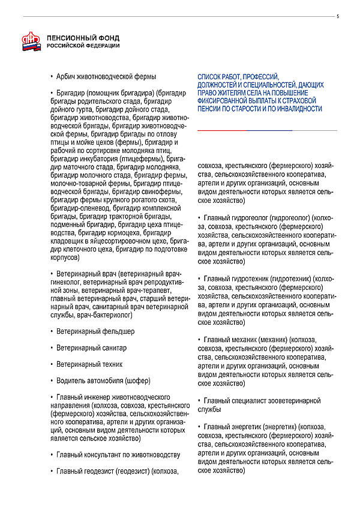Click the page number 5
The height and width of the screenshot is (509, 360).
point(337,16)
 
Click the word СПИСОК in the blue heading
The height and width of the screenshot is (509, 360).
point(209,77)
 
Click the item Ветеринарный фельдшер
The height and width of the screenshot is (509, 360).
point(95,331)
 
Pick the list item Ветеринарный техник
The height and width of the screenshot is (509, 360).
point(89,364)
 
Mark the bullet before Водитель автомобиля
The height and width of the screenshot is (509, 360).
point(52,381)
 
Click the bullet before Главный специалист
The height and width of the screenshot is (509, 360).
point(199,400)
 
